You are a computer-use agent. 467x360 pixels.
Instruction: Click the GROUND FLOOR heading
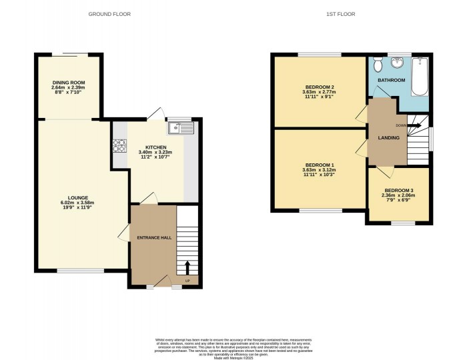pos(110,13)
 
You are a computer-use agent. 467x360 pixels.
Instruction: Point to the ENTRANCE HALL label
pos(153,237)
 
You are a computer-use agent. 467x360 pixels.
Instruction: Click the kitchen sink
pos(181,128)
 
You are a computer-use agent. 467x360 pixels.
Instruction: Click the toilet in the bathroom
pos(378,65)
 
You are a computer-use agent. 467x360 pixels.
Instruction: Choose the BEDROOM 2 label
pos(318,87)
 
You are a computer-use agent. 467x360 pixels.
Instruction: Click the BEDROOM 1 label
pos(318,165)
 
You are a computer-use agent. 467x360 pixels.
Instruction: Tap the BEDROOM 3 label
pos(398,190)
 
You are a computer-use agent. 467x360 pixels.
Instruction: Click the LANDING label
pos(388,137)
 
